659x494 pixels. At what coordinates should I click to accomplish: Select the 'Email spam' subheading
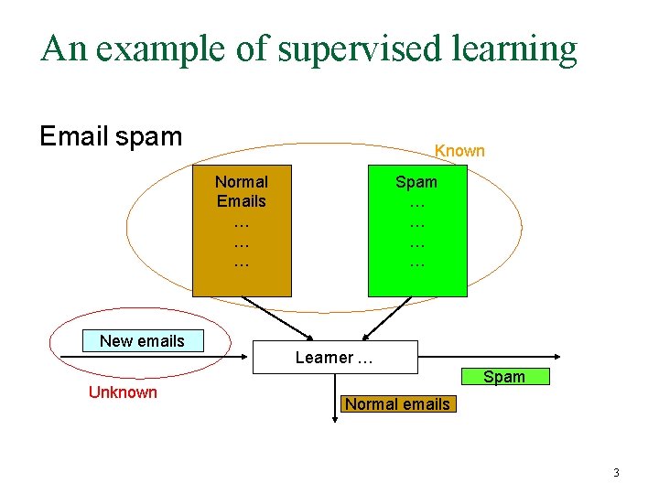(x=111, y=136)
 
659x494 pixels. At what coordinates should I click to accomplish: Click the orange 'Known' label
(x=459, y=151)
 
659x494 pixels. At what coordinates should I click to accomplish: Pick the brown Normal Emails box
(x=242, y=231)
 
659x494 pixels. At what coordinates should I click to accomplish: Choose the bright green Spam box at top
(x=416, y=231)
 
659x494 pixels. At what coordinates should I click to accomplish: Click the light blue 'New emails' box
(x=142, y=341)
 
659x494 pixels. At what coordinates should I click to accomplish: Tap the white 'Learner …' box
(x=334, y=357)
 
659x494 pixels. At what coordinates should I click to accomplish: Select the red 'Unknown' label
(x=123, y=392)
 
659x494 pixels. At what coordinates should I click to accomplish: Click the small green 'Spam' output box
(x=504, y=377)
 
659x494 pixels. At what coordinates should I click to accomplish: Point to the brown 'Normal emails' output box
(x=397, y=403)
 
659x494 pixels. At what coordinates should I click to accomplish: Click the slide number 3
(x=616, y=473)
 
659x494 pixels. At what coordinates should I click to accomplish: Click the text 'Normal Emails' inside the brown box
(x=242, y=191)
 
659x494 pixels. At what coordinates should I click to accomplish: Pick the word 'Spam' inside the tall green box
(x=416, y=182)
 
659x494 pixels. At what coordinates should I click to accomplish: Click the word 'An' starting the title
(x=63, y=49)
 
